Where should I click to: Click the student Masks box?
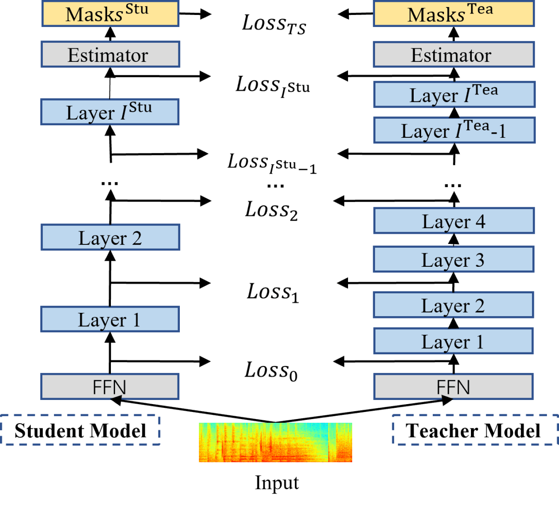[x=110, y=14]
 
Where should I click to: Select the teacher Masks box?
[x=454, y=14]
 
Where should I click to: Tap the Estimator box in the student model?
[x=110, y=55]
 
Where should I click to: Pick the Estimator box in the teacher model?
[x=454, y=55]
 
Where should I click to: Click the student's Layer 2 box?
[x=110, y=238]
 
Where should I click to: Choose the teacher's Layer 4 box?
[x=454, y=221]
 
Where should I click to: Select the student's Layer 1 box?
[x=110, y=319]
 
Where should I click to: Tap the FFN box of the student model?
[x=110, y=387]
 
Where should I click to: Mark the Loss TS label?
[x=274, y=24]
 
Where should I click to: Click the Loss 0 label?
[x=271, y=371]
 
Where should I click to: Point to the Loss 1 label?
[x=273, y=292]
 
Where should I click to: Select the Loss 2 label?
[x=272, y=210]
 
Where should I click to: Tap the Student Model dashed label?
[x=81, y=431]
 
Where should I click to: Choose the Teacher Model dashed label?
[x=474, y=431]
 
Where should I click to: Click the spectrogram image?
[x=275, y=442]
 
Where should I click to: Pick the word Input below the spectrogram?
[x=277, y=483]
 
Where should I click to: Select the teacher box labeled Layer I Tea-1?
[x=454, y=130]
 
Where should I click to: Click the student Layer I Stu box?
[x=110, y=112]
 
